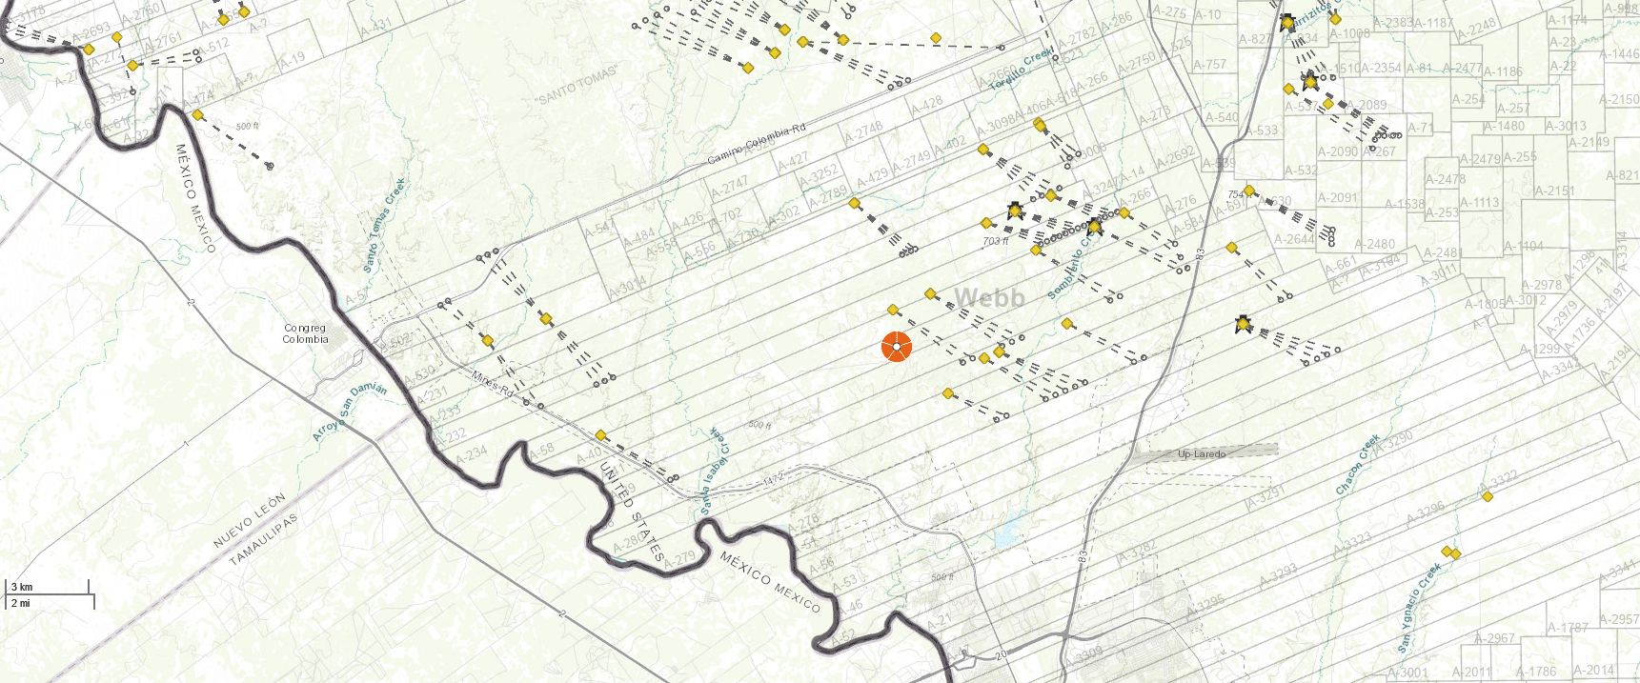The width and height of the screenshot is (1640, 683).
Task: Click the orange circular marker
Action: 897,347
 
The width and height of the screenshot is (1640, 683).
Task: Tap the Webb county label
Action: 989,298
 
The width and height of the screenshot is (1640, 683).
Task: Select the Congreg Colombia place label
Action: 305,333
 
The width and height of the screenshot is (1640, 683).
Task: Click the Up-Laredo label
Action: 1202,453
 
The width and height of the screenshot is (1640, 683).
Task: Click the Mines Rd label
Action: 492,384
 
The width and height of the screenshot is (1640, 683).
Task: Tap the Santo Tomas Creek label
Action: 384,226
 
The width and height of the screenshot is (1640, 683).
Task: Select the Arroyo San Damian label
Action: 350,412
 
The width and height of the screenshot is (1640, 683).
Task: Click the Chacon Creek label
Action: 1358,465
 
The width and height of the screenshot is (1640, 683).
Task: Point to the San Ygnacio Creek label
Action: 1419,607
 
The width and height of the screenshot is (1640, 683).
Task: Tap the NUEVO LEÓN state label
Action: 249,521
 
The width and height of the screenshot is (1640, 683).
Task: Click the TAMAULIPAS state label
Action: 264,539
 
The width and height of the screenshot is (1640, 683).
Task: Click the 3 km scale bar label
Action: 22,587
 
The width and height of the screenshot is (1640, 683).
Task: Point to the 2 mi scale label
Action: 20,603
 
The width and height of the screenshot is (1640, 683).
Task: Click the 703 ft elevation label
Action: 995,241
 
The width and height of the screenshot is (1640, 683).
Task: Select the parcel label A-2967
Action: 1494,638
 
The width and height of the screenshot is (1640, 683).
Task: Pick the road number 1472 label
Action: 772,478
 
